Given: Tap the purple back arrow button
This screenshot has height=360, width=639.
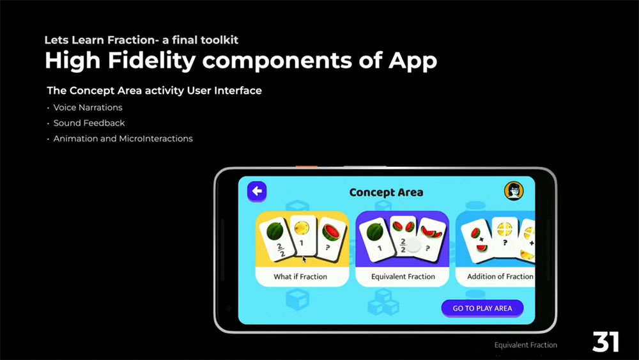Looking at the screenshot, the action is tap(257, 191).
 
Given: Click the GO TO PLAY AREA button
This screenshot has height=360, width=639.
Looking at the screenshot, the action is tap(482, 308).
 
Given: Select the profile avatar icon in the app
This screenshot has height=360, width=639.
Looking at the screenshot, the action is tap(514, 191).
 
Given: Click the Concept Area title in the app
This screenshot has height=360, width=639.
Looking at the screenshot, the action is tap(386, 192).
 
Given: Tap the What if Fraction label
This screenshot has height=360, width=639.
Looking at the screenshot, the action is tap(300, 276).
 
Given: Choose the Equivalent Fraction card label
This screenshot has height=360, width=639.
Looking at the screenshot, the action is tap(403, 276).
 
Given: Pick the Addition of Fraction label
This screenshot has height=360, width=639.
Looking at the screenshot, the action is tap(500, 276).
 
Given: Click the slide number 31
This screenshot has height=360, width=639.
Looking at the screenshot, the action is tap(606, 341).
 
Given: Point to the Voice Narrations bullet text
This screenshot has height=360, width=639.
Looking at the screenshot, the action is tap(88, 107).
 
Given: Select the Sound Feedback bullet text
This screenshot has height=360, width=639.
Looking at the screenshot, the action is tap(89, 123).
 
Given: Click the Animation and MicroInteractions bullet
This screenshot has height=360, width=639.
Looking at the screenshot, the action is tap(123, 139).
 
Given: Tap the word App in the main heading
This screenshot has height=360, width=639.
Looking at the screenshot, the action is tap(412, 61).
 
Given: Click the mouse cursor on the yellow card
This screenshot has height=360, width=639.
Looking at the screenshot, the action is tap(304, 260).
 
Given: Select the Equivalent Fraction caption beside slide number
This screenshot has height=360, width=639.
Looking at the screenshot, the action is tap(526, 345).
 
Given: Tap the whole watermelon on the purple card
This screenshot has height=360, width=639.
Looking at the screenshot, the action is tap(374, 232).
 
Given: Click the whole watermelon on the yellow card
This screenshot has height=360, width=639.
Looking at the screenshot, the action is tap(275, 231).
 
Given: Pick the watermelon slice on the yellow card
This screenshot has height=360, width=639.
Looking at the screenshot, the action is tap(331, 231).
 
